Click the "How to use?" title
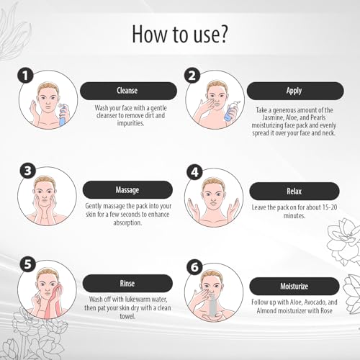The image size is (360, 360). tap(179, 34)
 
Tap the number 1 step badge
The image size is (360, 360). tap(25, 76)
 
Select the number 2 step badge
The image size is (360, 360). tap(192, 76)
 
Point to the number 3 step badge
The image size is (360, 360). tap(28, 171)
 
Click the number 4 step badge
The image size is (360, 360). tap(194, 172)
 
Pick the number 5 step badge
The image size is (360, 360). tap(28, 264)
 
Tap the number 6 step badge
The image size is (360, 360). tap(194, 267)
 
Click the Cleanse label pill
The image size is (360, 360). tap(128, 91)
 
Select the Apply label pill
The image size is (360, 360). tap(295, 91)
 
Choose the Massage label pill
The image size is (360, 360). tap(127, 189)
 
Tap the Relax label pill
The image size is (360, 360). tap(294, 191)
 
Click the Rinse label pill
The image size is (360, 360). tap(127, 283)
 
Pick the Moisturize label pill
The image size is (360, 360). tap(294, 286)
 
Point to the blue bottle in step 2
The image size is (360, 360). tap(230, 111)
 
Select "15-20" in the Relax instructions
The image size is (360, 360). tap(329, 207)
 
